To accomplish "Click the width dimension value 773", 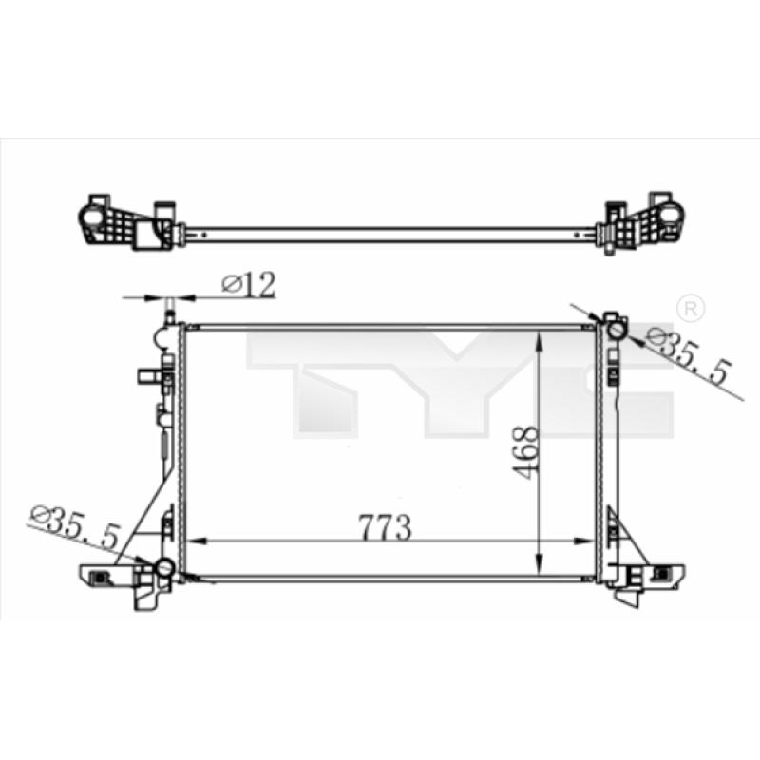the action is pyautogui.click(x=385, y=527).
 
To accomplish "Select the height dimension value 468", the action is pyautogui.click(x=525, y=453).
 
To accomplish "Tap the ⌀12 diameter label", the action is pyautogui.click(x=249, y=285).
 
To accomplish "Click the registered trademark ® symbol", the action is pyautogui.click(x=691, y=308).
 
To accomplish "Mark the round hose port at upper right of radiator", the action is pyautogui.click(x=617, y=331).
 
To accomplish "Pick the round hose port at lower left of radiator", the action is pyautogui.click(x=164, y=568).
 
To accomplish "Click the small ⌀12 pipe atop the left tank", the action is pyautogui.click(x=170, y=313).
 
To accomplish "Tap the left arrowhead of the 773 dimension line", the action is pyautogui.click(x=197, y=541).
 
